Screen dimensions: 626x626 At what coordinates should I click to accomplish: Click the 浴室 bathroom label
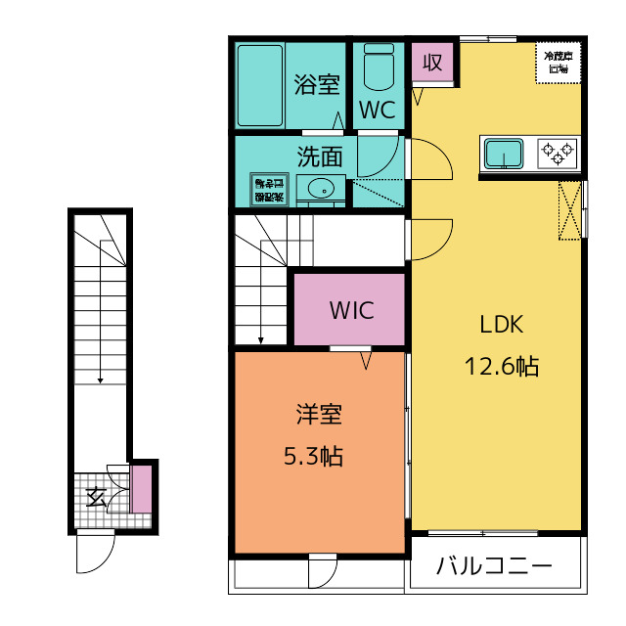tap(317, 84)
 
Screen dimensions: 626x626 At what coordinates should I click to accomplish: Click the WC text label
tap(377, 111)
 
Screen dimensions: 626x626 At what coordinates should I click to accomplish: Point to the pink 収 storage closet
tap(431, 64)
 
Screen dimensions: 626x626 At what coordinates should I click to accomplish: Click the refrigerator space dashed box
tap(559, 64)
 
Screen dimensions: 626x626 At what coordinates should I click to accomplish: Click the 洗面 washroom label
tap(320, 156)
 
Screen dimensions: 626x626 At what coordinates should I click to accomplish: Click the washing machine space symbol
tap(267, 188)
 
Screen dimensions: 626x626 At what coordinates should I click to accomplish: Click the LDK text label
tap(502, 325)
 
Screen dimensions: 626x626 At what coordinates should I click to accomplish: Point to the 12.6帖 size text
tap(501, 367)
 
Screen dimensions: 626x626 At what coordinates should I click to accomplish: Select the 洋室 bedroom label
tap(319, 415)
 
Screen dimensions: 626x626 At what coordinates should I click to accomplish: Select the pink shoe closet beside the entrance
tap(142, 490)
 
